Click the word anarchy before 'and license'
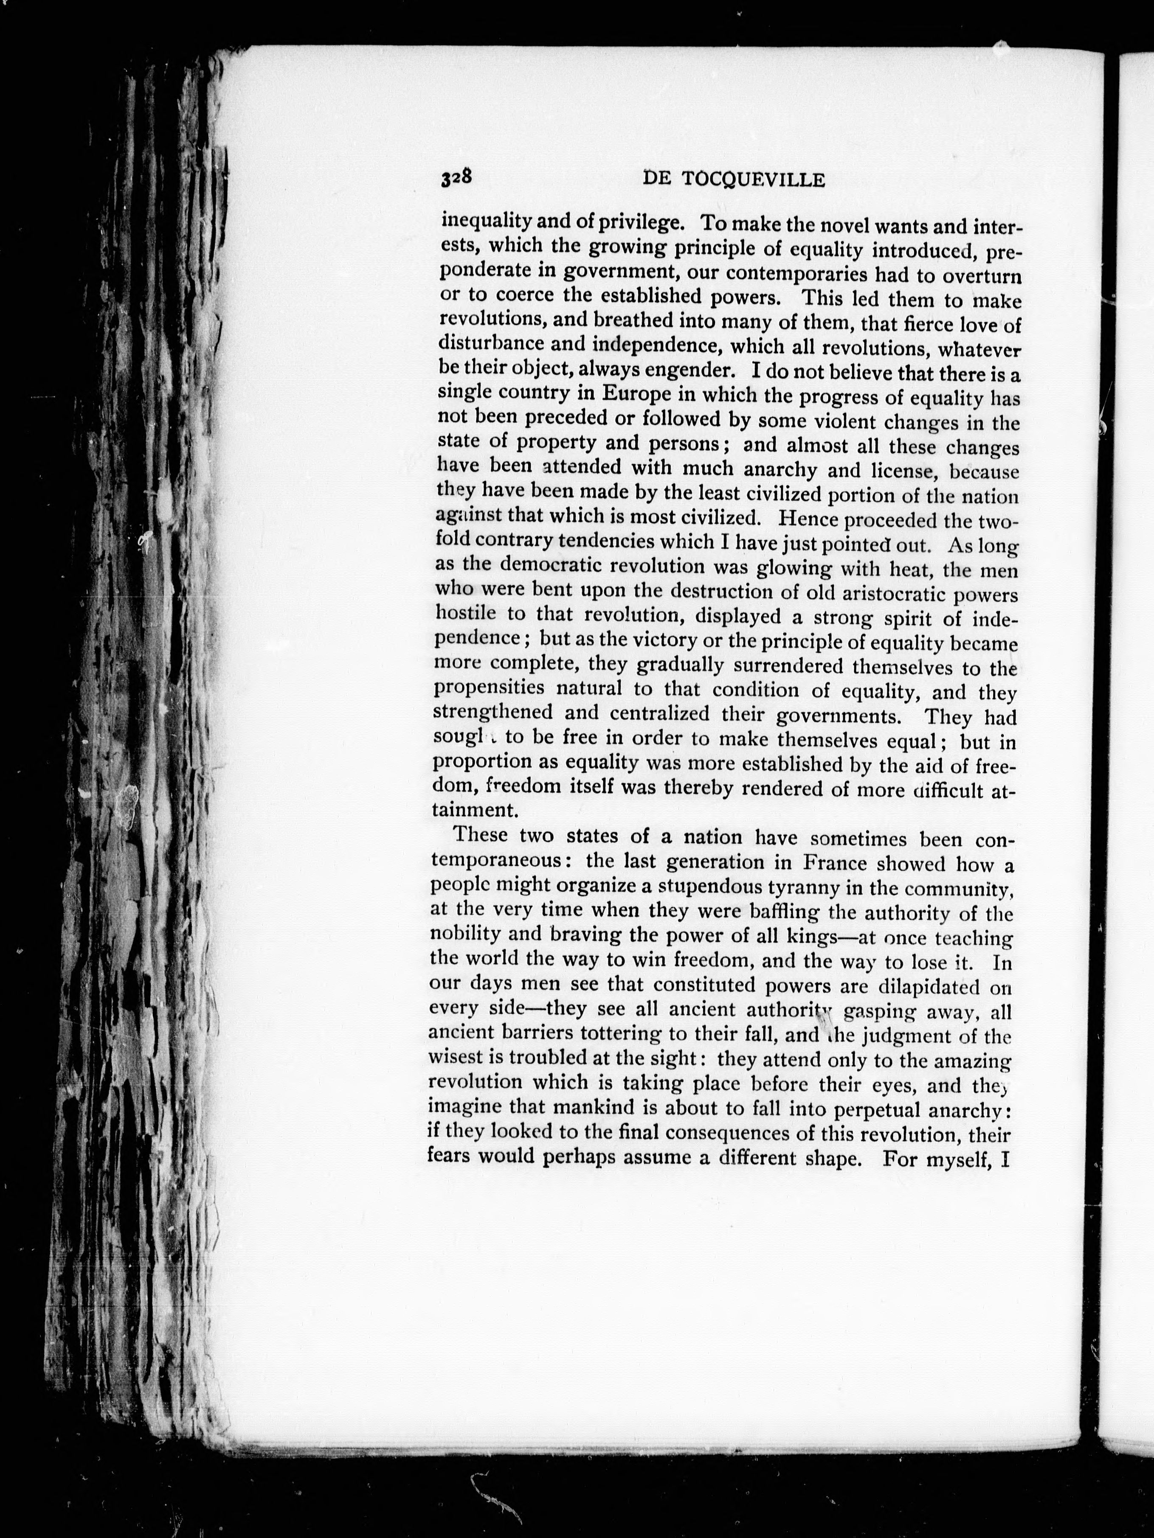click(x=780, y=470)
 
